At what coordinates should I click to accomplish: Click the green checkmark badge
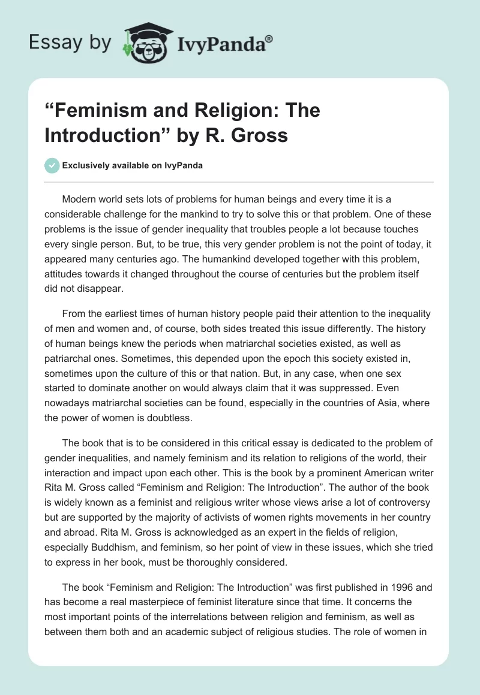pyautogui.click(x=52, y=165)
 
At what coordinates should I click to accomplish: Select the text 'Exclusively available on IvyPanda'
pyautogui.click(x=133, y=165)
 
